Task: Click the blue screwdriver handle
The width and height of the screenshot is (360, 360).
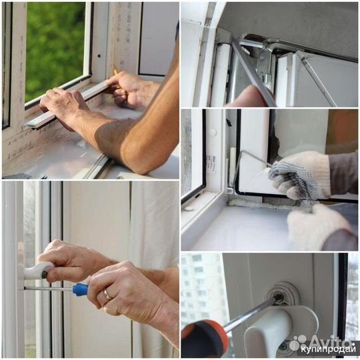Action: coord(81,289)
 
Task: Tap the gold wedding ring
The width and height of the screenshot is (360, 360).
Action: coord(107,295)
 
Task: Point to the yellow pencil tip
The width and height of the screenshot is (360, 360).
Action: coord(115,71)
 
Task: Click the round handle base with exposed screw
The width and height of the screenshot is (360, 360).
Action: coord(283,293)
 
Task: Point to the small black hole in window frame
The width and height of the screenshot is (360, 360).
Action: coord(99,55)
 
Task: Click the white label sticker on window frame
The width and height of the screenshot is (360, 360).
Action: coord(211,164)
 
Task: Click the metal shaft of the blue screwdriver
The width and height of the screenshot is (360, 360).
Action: coord(49,289)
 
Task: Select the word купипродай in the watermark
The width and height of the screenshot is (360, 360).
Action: coord(328,350)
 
